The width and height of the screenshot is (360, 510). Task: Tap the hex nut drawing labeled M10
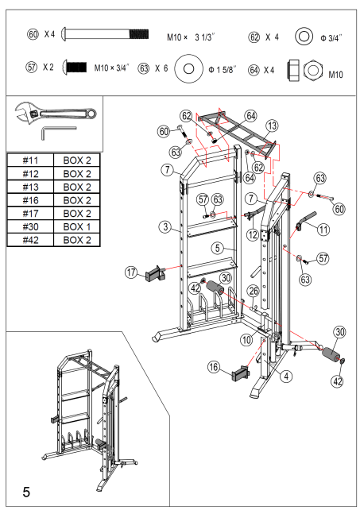point(312,68)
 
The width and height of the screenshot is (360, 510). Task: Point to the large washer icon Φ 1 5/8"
point(188,68)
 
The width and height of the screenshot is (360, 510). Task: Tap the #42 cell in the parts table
point(30,239)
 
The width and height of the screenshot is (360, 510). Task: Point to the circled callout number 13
point(272,126)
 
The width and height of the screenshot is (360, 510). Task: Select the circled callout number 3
point(165,227)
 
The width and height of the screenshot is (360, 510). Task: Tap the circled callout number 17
point(131,272)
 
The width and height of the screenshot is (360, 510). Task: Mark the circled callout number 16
point(213,367)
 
